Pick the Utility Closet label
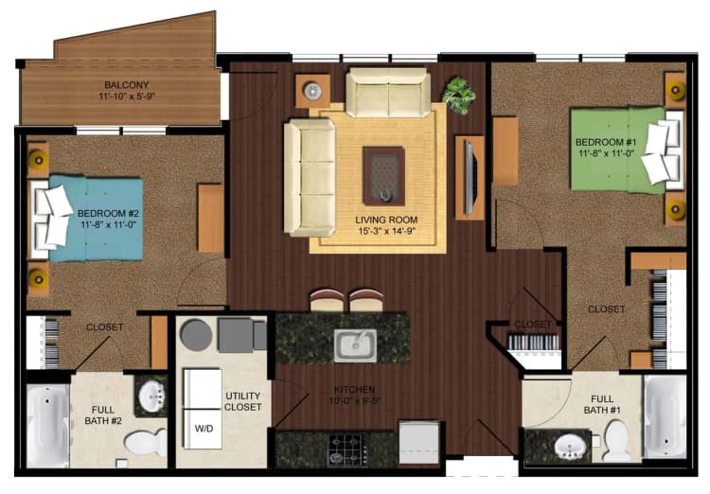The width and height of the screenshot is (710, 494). pos(243,401)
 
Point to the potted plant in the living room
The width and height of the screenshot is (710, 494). pos(459,95)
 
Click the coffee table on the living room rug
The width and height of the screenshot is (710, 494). pos(383,175)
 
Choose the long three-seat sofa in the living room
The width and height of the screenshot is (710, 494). pos(309,177)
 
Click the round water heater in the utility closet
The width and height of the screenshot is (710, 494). pos(196,334)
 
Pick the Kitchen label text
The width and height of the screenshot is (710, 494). pos(355,389)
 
